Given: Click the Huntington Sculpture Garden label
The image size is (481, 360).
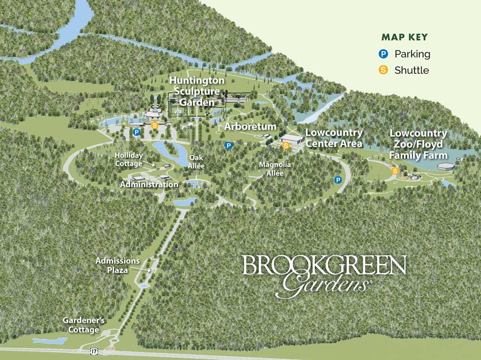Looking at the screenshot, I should pos(196,91).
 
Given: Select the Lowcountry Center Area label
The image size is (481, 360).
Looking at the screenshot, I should pos(334,138).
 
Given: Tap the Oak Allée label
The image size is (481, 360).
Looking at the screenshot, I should pos(197,161).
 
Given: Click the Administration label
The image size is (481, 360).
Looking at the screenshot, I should pos(149,184).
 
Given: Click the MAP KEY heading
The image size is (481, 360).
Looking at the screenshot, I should pos(405,37).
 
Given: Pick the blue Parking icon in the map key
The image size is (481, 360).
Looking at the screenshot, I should pos(383,54).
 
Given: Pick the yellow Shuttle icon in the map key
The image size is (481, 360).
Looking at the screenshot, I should pos(383,70).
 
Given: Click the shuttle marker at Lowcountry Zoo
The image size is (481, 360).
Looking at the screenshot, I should pos(395,170).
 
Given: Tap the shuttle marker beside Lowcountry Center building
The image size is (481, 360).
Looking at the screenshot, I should pos(286,145).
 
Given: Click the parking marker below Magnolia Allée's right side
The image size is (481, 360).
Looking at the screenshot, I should pos(338,180).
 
